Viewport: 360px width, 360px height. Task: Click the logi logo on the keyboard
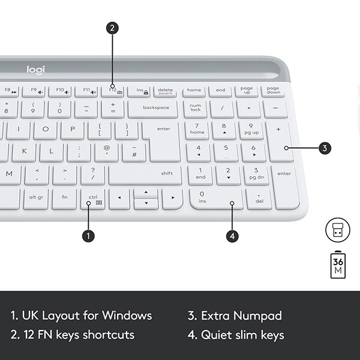(35, 70)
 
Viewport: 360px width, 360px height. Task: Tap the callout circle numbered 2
(112, 28)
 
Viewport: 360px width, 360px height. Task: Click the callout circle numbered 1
(88, 236)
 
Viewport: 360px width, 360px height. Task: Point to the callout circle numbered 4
(233, 236)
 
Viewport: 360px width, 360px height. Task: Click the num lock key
(195, 108)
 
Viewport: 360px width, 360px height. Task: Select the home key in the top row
(194, 91)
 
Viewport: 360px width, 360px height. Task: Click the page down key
(273, 91)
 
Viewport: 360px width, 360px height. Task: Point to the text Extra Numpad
(235, 316)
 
